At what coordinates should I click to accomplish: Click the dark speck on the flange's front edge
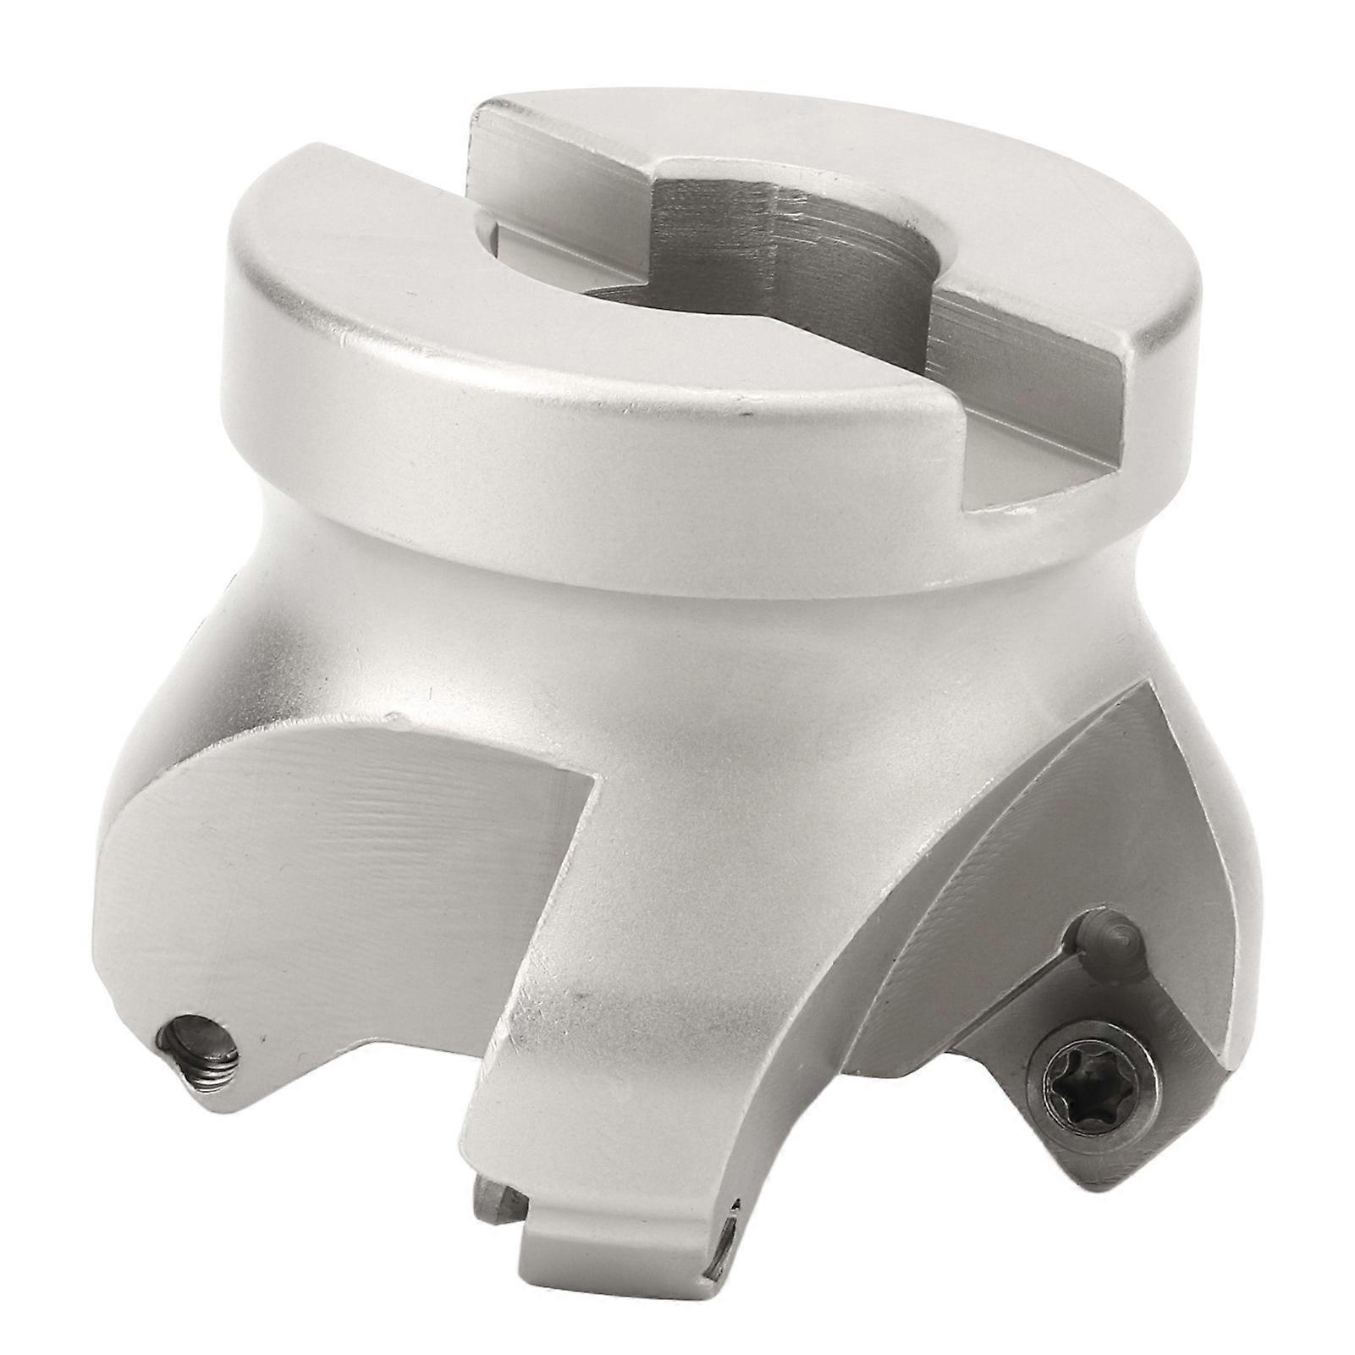(744, 416)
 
